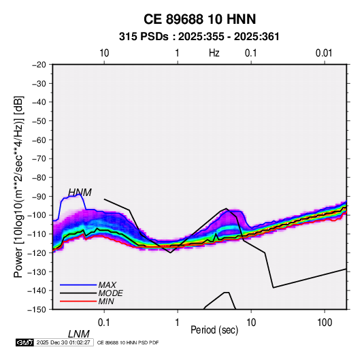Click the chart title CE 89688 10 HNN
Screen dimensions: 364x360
click(199, 19)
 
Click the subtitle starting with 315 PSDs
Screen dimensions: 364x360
click(199, 37)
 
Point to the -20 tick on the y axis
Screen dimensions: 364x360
click(39, 65)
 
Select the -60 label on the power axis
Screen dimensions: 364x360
click(39, 140)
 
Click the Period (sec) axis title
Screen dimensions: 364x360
click(214, 330)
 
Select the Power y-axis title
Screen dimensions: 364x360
click(18, 187)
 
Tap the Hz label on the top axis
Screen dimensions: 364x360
click(214, 53)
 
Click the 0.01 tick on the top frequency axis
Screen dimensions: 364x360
click(324, 53)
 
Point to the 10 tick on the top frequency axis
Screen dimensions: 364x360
click(104, 53)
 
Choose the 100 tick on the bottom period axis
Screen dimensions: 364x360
click(325, 323)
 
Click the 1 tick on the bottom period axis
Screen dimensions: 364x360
click(178, 323)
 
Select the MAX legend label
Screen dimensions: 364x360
click(107, 285)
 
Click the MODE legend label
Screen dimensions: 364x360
click(110, 293)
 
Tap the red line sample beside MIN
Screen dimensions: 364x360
click(78, 301)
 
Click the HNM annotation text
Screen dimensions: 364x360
click(80, 193)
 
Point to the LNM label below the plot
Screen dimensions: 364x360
click(78, 334)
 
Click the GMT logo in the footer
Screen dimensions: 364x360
click(25, 342)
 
